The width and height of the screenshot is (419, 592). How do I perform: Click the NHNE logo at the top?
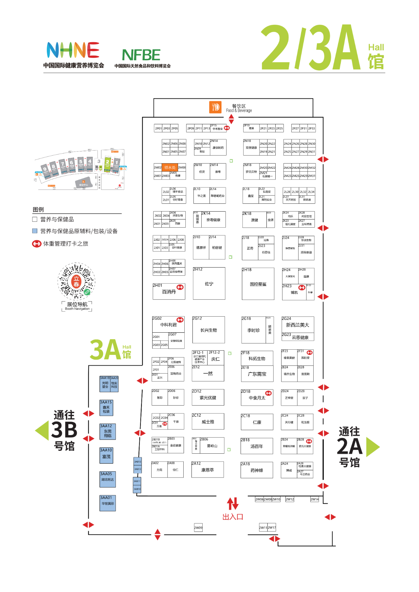[73, 50]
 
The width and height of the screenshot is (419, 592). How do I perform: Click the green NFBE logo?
[141, 55]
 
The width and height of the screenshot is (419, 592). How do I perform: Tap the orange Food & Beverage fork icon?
[215, 107]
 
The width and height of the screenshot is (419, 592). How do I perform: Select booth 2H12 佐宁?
[209, 283]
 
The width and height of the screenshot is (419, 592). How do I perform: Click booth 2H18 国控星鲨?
[258, 284]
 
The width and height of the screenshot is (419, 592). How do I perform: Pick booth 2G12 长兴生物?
[209, 330]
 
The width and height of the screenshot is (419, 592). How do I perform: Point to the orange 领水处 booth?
[170, 167]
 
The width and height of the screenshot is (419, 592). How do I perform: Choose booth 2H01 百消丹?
[169, 291]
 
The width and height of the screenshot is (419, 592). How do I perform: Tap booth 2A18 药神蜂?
[257, 470]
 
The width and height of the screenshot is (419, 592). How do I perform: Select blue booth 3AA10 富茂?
[106, 456]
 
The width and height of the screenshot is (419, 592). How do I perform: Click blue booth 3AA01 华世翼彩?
[108, 503]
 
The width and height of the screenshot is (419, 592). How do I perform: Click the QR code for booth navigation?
[77, 281]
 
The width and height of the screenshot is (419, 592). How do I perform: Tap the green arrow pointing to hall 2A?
[373, 447]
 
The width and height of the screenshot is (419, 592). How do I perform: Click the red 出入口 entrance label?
[233, 517]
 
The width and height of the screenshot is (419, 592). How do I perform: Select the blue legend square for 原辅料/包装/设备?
[35, 231]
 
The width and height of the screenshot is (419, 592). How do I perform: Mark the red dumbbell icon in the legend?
[37, 244]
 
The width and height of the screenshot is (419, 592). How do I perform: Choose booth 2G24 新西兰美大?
[298, 324]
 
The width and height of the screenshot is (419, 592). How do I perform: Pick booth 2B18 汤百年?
[257, 446]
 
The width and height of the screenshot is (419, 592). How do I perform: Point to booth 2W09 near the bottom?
[198, 528]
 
